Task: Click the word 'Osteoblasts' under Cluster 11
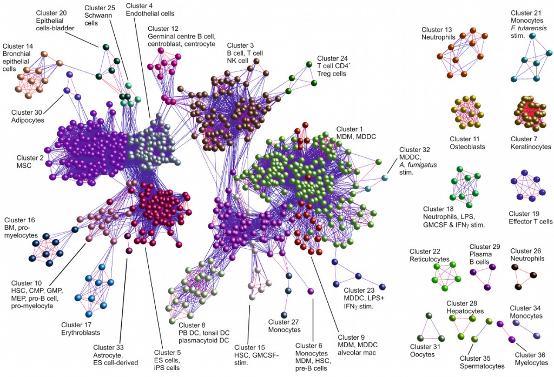467,147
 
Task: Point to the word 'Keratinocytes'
531,147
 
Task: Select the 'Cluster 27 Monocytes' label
285,326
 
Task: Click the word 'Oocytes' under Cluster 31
423,355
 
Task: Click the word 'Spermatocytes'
482,366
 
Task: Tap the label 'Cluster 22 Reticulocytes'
429,255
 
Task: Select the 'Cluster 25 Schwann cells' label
100,12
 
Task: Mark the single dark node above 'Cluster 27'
284,315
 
